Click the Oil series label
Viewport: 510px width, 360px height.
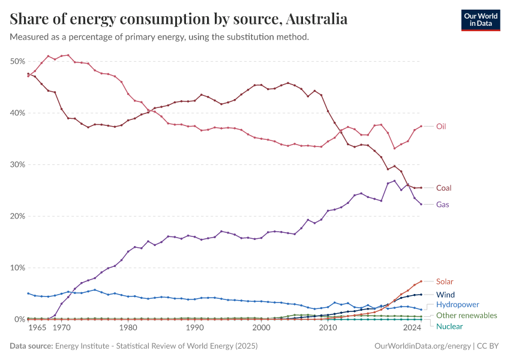pyautogui.click(x=441, y=127)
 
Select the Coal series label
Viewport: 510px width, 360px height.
pyautogui.click(x=443, y=188)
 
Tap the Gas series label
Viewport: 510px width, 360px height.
pyautogui.click(x=442, y=205)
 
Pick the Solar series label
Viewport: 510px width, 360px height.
pyautogui.click(x=445, y=281)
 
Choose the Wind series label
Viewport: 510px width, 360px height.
pyautogui.click(x=445, y=295)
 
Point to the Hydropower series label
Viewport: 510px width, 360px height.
pyautogui.click(x=457, y=305)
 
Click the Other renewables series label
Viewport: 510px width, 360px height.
pyautogui.click(x=466, y=316)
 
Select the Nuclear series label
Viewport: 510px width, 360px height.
pyautogui.click(x=449, y=326)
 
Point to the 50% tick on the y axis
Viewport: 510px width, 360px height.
pyautogui.click(x=17, y=61)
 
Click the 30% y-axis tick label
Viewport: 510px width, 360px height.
pyautogui.click(x=17, y=164)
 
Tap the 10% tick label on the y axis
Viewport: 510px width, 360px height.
pyautogui.click(x=17, y=268)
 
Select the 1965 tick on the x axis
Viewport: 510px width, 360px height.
pyautogui.click(x=37, y=328)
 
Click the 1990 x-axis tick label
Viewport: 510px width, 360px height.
pyautogui.click(x=194, y=328)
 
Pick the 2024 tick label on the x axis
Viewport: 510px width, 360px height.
pyautogui.click(x=412, y=328)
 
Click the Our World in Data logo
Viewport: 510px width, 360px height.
pyautogui.click(x=481, y=20)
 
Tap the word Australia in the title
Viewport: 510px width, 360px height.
pyautogui.click(x=317, y=19)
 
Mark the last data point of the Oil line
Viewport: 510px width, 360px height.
pyautogui.click(x=421, y=126)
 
